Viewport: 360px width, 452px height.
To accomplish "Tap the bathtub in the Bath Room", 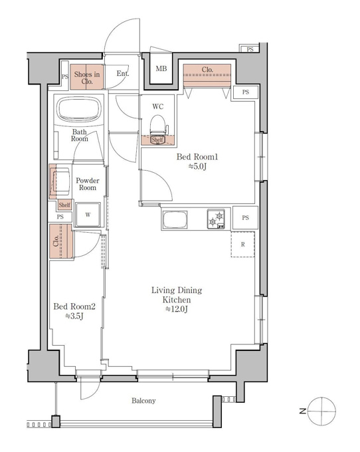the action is [79, 110].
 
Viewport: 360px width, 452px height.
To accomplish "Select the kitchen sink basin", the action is [175, 219].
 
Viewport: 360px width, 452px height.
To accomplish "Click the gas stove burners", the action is [216, 219].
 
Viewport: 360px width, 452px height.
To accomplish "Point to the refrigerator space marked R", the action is [242, 244].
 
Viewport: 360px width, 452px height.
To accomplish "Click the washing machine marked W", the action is [88, 215].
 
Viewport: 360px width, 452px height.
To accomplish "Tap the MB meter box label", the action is [161, 68].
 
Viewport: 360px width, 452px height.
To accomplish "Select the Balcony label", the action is [143, 400].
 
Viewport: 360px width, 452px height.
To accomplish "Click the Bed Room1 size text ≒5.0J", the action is [197, 166].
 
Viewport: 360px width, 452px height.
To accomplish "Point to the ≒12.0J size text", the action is [177, 309].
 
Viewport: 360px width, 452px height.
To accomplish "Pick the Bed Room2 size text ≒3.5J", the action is [74, 316].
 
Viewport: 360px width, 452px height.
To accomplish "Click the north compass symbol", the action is [321, 411].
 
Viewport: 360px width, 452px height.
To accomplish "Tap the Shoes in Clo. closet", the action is [87, 76].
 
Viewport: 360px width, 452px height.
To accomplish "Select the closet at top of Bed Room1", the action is [207, 76].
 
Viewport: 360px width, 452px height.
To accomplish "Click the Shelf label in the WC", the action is [157, 140].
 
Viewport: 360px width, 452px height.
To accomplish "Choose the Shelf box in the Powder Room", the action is [64, 205].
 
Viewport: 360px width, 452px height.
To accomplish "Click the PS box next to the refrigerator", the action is [245, 217].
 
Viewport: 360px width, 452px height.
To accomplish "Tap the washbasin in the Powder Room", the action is [60, 181].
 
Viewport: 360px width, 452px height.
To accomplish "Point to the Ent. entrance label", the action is [122, 74].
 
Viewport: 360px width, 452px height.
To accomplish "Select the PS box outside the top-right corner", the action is [250, 49].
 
